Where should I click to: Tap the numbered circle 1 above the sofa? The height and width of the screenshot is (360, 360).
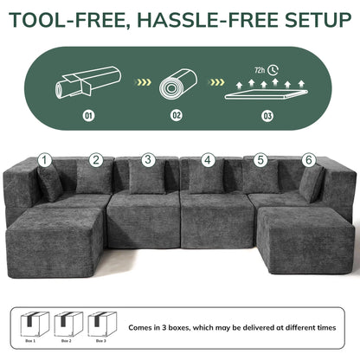click(x=45, y=160)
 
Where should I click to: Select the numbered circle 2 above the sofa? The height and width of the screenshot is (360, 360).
click(x=96, y=160)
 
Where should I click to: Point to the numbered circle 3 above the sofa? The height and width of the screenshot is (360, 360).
click(x=149, y=160)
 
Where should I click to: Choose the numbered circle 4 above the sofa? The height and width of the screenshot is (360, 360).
click(x=208, y=160)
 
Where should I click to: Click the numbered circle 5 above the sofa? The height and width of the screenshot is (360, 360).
click(x=260, y=160)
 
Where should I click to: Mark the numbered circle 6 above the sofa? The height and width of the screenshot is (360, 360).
click(x=309, y=160)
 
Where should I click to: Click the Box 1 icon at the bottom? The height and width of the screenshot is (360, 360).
click(x=32, y=325)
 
